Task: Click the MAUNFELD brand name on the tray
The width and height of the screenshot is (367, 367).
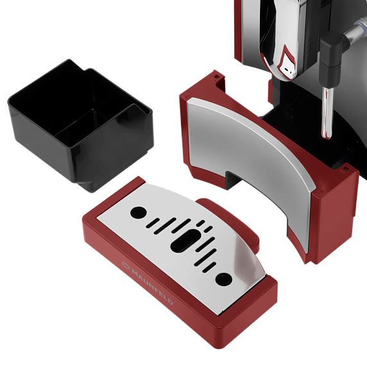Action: pos(152,287)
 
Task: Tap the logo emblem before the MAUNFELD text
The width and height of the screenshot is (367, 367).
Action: pos(126,265)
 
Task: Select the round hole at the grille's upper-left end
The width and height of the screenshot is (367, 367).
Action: pos(139,212)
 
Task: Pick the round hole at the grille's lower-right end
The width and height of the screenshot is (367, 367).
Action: pos(224,280)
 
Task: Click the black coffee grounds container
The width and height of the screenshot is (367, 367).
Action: pos(81,124)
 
